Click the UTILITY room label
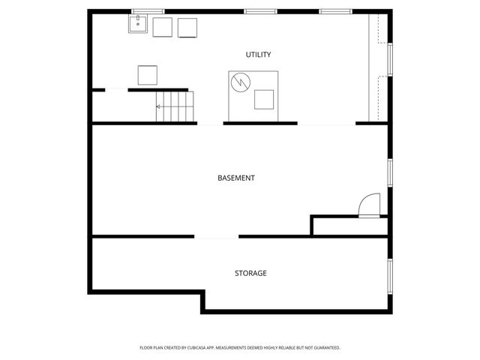(x=258, y=55)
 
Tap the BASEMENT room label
(x=236, y=178)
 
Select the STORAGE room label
(x=250, y=273)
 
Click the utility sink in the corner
(x=138, y=23)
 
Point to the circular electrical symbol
(x=241, y=82)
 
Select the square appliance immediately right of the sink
(x=163, y=27)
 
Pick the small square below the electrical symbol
(x=264, y=100)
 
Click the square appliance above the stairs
(x=148, y=75)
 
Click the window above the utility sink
(x=148, y=12)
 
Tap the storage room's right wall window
(x=390, y=277)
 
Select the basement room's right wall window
(x=390, y=172)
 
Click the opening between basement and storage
(x=217, y=237)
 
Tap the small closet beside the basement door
(x=350, y=226)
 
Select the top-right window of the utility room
(x=336, y=12)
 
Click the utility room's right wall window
(x=390, y=60)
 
